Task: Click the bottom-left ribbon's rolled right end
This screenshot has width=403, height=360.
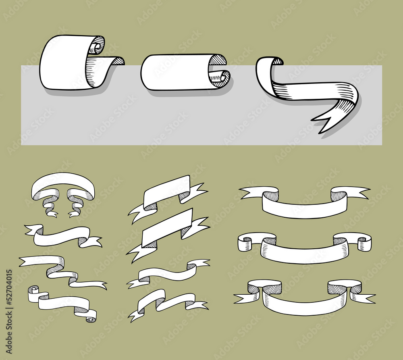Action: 91,317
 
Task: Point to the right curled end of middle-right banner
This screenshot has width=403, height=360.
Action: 365,243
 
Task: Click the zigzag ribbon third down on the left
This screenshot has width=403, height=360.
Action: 60,270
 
